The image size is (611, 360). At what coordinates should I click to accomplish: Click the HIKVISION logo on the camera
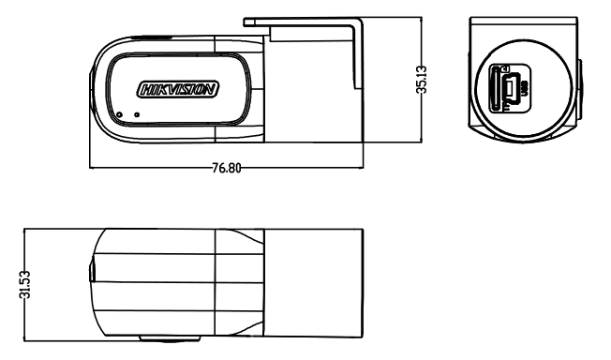pos(178,90)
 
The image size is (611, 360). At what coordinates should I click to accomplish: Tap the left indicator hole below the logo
pos(119,115)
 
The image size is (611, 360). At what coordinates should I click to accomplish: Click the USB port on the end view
pos(512,89)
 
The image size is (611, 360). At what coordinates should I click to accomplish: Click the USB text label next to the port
pos(524,90)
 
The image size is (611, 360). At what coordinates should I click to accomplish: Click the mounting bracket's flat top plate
pos(300,20)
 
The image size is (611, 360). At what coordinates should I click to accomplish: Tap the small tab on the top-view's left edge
pos(91,273)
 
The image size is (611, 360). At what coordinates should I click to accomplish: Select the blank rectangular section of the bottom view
pos(313,281)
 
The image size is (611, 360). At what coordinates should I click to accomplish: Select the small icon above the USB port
pos(507,68)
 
